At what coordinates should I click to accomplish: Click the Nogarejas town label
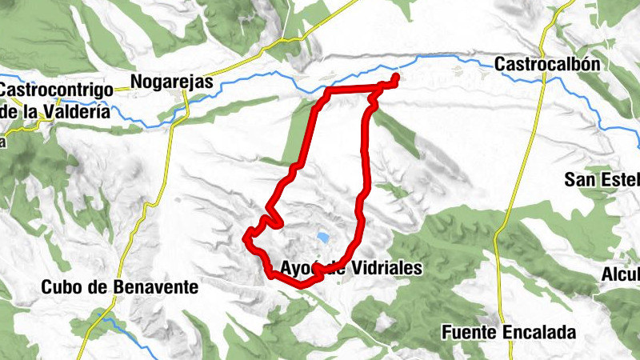point(170,82)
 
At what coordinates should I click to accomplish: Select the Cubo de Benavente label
point(119,286)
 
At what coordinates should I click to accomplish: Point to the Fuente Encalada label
point(508,331)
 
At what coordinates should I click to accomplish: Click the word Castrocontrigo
point(54,90)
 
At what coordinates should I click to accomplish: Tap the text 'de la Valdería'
point(54,112)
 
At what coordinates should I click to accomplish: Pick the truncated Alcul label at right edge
point(621,275)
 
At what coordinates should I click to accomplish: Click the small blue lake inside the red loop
point(322,238)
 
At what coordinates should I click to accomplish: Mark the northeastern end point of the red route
point(396,78)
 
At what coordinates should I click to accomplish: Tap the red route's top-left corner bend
point(327,93)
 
